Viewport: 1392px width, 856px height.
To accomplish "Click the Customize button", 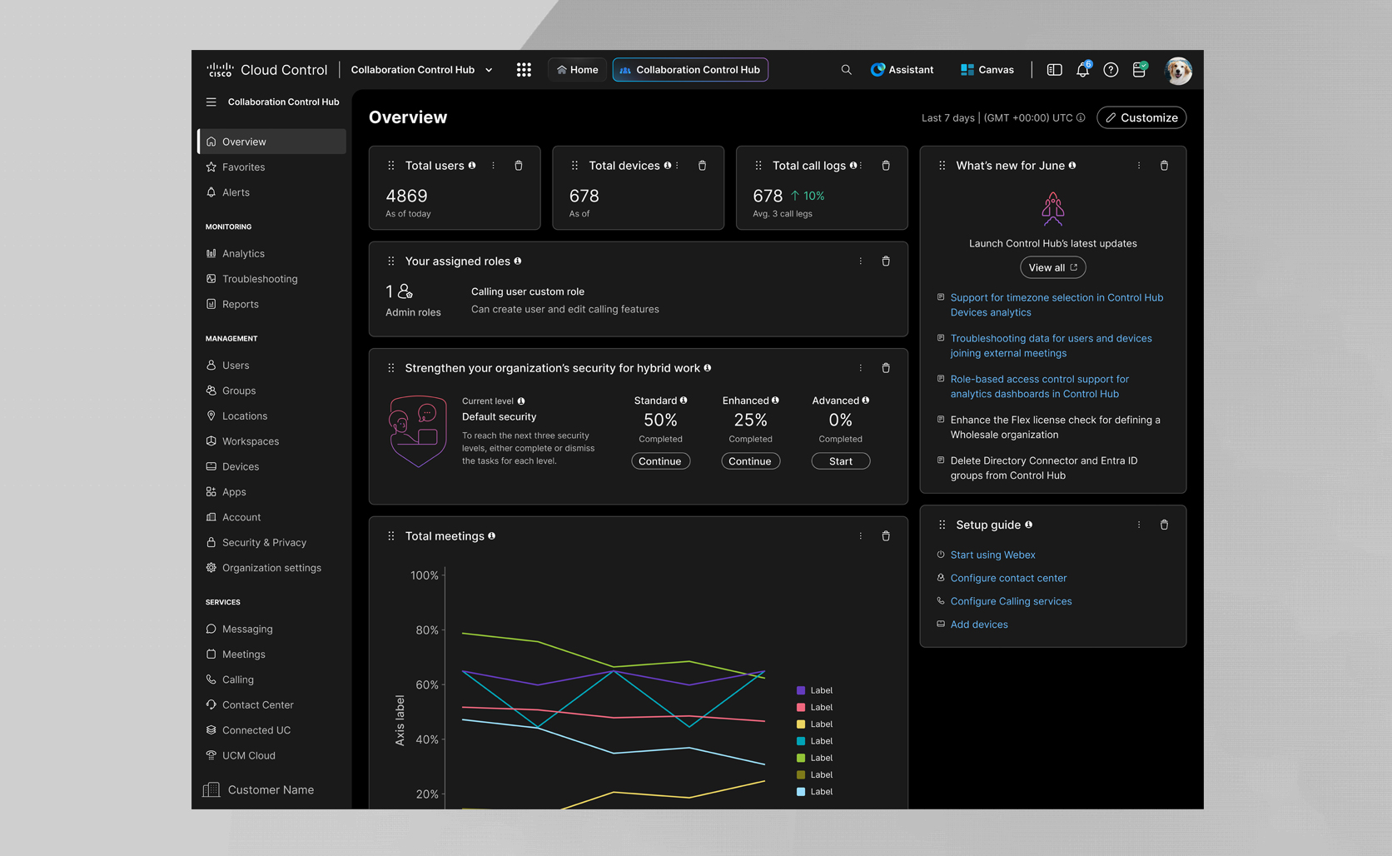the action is [1141, 117].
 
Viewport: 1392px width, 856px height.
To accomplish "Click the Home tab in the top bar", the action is [577, 70].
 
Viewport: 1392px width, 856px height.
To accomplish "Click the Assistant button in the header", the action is [902, 70].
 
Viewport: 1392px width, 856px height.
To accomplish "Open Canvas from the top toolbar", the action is [987, 70].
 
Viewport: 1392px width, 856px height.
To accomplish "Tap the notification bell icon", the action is [1082, 70].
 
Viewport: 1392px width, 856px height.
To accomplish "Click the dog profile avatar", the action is [1178, 70].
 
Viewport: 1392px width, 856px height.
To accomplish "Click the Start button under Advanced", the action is [840, 461].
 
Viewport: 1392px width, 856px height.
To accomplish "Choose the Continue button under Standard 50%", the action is [660, 461].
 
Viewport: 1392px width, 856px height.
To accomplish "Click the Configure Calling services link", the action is [1011, 601].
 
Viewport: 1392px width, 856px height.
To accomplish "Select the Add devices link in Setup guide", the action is [979, 625].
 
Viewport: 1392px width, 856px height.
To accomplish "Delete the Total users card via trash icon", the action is [519, 166].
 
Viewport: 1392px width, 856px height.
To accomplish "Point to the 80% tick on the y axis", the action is [426, 630].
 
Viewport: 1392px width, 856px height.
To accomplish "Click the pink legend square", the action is [800, 708].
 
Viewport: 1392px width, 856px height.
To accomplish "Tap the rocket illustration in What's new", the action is [1052, 208].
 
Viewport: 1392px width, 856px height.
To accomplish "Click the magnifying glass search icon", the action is [846, 70].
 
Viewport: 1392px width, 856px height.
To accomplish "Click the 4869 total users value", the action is [406, 196].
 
